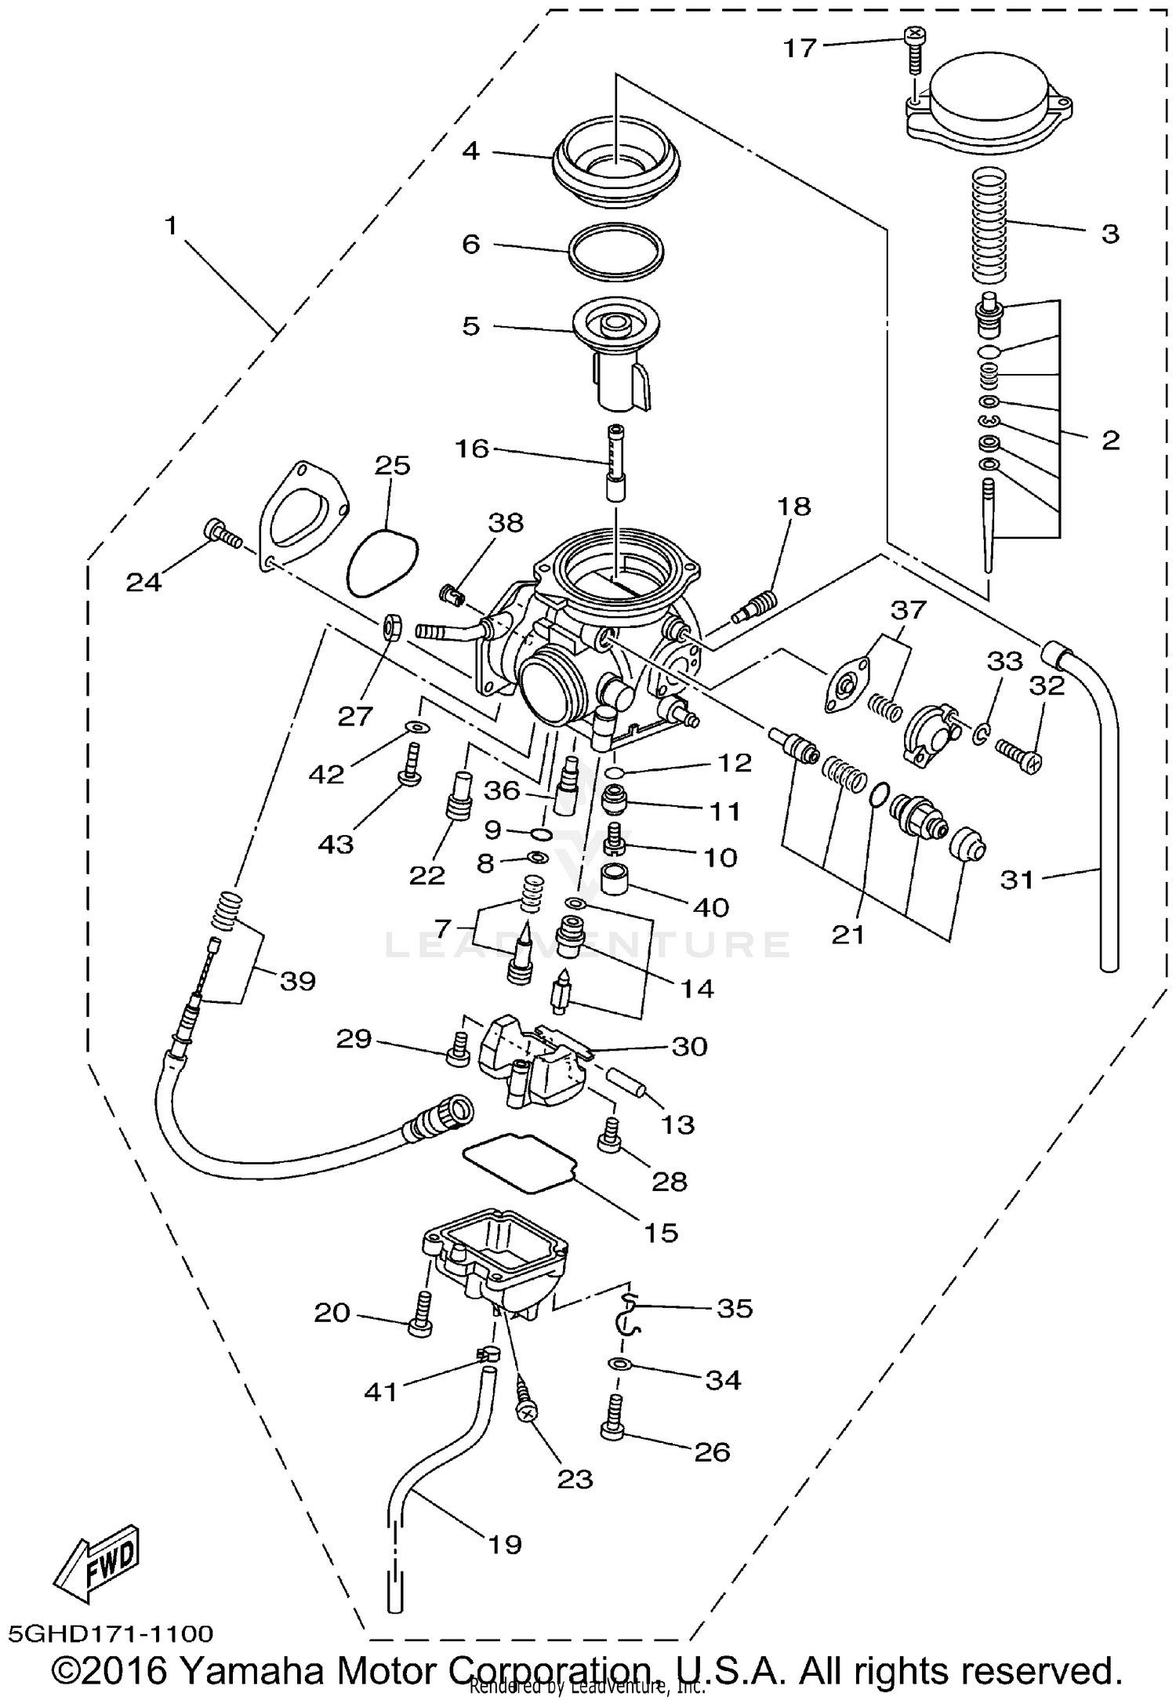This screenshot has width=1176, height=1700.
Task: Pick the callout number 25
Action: tap(392, 465)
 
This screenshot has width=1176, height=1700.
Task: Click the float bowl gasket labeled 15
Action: tap(520, 1159)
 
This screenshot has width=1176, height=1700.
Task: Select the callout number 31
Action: tap(1018, 880)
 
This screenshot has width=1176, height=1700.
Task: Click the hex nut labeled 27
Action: tap(392, 627)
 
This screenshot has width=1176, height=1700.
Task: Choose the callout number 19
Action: tap(504, 1544)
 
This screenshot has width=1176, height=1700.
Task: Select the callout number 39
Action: tap(298, 980)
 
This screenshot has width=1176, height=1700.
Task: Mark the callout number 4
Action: tap(470, 151)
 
